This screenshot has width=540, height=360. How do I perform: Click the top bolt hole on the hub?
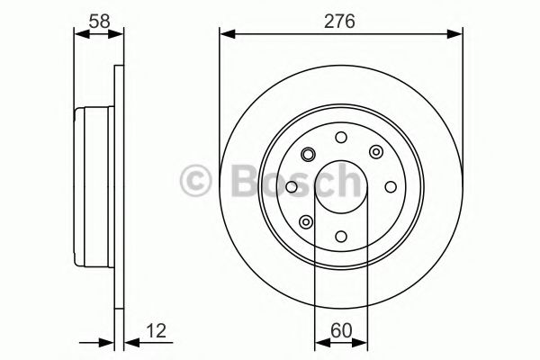point(340,138)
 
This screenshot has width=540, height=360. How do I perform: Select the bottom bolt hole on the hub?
point(340,236)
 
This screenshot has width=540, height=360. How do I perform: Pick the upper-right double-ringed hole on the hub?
point(375,152)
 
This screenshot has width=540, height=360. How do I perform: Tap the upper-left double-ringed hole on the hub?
point(306,152)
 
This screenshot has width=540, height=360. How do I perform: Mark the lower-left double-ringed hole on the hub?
point(306,221)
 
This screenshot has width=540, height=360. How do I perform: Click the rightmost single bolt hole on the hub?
point(389,187)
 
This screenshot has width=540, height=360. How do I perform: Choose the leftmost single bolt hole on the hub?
point(292,187)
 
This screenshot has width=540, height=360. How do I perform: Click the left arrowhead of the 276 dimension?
point(226,34)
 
